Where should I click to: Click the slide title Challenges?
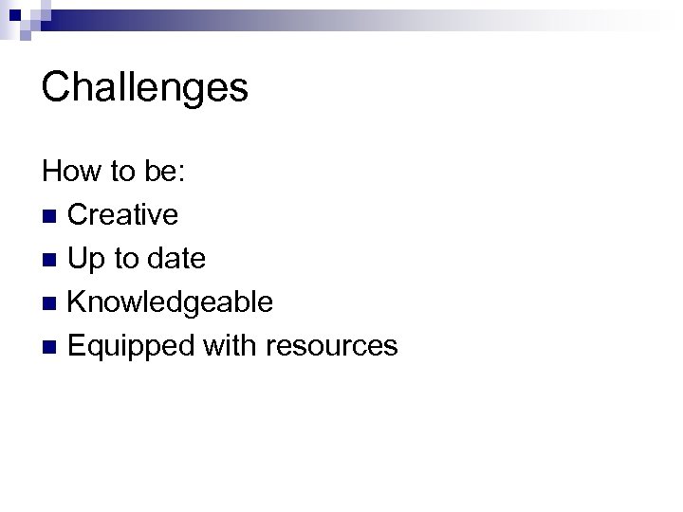coord(145,88)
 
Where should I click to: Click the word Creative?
coord(122,215)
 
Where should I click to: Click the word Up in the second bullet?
coord(85,259)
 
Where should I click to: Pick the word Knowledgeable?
coord(171,302)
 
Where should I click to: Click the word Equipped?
coord(132,346)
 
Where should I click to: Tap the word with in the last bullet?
coord(231,346)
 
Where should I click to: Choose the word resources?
coord(332,346)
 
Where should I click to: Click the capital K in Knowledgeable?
coord(78,302)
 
